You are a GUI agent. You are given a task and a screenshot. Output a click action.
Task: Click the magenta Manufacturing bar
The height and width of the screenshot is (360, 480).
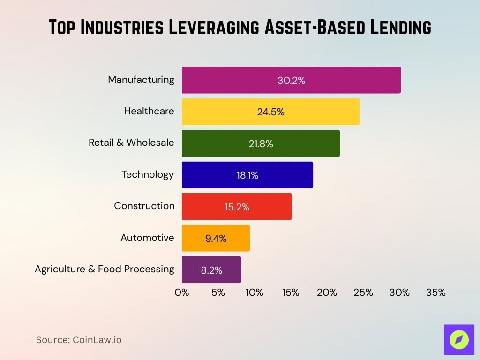click(291, 80)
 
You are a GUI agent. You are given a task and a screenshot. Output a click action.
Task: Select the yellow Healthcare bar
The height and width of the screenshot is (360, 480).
click(270, 112)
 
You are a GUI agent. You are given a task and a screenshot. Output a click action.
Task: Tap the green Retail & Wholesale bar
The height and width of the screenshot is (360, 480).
click(261, 143)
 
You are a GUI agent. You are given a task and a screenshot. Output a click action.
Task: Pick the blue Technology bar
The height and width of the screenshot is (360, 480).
click(247, 175)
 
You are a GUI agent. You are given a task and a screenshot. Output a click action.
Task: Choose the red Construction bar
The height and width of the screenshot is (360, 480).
click(237, 207)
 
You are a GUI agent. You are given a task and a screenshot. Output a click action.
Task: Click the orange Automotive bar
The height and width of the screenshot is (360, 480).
click(216, 238)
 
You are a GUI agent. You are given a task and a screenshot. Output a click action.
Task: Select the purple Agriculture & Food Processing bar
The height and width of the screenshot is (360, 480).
click(211, 270)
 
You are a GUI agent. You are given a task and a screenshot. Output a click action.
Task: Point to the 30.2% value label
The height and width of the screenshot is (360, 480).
click(291, 81)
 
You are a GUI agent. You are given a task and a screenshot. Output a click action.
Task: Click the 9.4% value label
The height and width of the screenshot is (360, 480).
click(216, 239)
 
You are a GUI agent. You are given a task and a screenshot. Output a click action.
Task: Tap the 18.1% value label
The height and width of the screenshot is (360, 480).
click(247, 175)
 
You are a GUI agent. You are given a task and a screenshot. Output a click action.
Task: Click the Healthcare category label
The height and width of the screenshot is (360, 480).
click(149, 111)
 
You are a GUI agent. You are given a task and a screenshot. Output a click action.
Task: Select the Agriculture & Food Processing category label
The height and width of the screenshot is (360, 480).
click(104, 269)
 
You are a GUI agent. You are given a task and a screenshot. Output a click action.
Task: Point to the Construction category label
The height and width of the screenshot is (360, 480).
click(144, 206)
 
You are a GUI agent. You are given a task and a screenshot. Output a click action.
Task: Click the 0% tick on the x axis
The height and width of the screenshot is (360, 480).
click(182, 292)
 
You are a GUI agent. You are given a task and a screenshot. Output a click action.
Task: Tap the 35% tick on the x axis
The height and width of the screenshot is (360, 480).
click(435, 292)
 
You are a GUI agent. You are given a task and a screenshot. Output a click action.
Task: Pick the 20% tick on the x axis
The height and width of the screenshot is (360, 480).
click(327, 292)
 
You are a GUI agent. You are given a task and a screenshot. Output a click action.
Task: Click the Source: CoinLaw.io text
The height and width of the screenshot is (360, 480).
click(79, 340)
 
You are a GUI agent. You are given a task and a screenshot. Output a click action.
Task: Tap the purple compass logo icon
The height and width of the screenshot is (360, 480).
click(459, 339)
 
